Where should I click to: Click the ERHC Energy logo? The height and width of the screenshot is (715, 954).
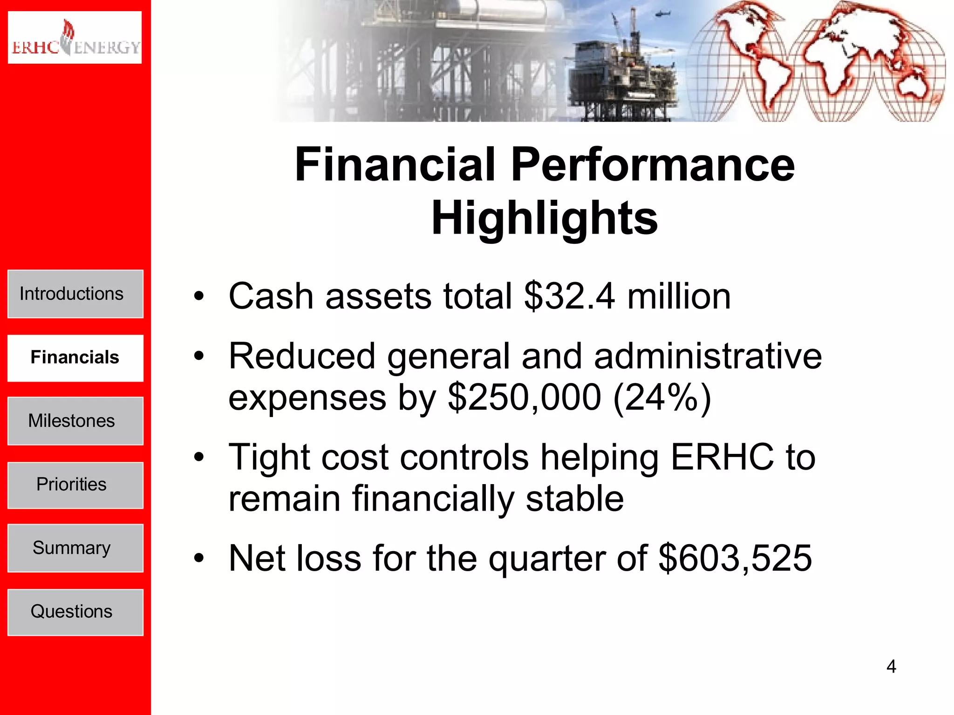point(75,37)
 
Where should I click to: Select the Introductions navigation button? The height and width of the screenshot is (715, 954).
point(75,294)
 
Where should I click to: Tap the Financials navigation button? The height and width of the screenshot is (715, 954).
point(75,357)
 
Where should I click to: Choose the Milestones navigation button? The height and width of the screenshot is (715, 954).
point(75,421)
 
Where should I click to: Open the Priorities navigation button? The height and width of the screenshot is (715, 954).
point(75,485)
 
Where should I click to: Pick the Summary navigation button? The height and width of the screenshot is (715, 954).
point(75,548)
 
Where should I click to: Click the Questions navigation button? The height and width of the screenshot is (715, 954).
point(75,612)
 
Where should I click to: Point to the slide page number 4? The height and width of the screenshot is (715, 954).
point(891,667)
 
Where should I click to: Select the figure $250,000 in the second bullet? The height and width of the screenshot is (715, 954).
point(524,398)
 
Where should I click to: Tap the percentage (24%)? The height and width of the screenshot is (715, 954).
point(662,398)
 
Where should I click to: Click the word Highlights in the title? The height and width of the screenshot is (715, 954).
point(544,218)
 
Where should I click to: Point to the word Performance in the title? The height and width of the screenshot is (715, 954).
point(652,165)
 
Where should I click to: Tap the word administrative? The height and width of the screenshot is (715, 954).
point(708,356)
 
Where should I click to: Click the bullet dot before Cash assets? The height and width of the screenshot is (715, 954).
point(199,297)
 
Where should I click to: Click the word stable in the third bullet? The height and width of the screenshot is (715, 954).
point(574,499)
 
